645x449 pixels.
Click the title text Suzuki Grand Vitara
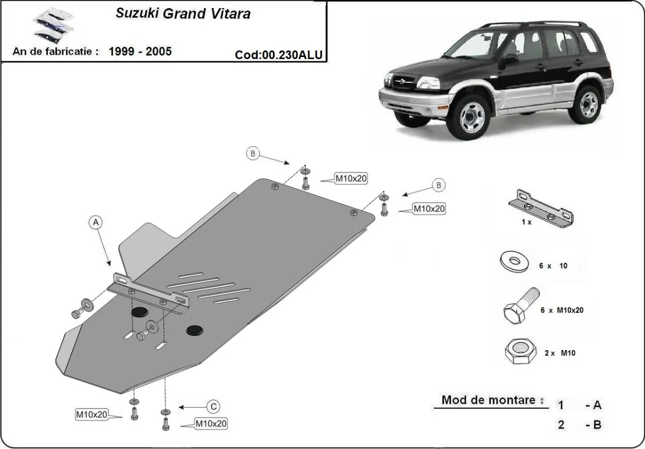click(183, 13)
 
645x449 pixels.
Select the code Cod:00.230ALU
click(279, 54)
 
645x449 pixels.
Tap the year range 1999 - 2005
click(140, 52)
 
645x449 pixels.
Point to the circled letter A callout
click(95, 222)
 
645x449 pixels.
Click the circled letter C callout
click(213, 406)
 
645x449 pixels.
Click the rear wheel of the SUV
click(589, 104)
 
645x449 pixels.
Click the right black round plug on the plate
click(195, 330)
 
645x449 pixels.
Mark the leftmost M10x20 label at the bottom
click(92, 414)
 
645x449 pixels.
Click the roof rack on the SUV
click(532, 24)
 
